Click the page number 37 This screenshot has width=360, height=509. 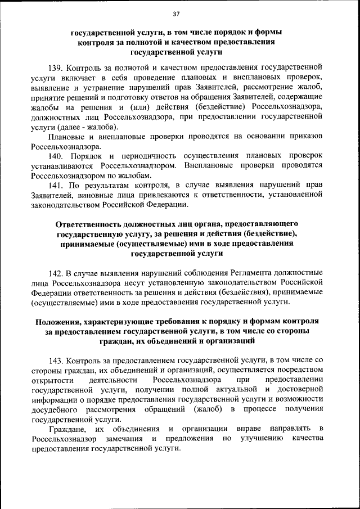tap(176, 13)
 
